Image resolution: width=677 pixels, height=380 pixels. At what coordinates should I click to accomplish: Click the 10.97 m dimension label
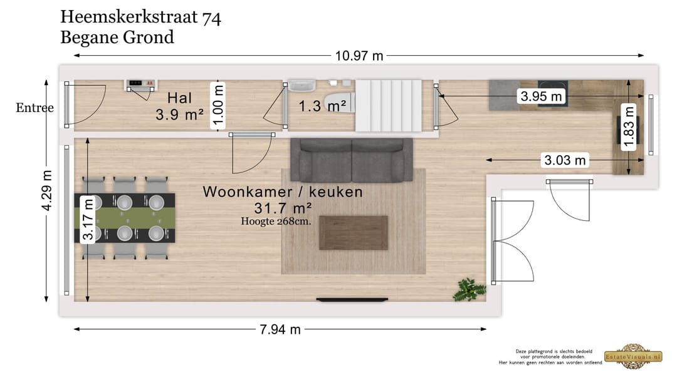tap(359, 56)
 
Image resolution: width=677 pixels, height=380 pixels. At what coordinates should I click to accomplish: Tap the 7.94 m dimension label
tap(280, 329)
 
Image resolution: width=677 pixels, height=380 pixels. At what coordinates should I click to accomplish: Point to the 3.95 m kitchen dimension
tap(541, 96)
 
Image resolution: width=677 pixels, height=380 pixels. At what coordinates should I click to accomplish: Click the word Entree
tap(34, 108)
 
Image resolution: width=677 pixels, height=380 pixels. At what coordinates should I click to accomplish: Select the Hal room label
tap(179, 98)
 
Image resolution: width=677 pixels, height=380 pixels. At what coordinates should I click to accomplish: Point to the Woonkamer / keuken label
tap(283, 192)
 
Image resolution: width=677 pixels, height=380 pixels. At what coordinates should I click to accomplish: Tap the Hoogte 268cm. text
tap(276, 220)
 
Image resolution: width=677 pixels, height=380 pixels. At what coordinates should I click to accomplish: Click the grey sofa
tap(351, 160)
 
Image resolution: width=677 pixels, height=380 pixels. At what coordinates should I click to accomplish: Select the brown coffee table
tap(353, 232)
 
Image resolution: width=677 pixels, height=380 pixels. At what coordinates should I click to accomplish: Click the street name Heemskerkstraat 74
tap(140, 18)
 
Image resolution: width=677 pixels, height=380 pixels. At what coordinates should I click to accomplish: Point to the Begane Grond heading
tap(117, 37)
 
